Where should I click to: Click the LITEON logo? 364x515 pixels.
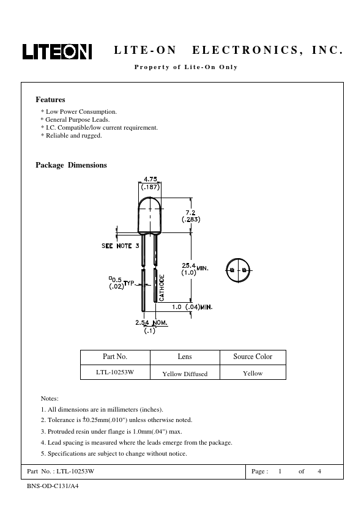[x=57, y=51]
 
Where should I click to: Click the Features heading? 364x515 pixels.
[x=50, y=100]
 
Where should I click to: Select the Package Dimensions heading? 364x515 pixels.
[x=72, y=165]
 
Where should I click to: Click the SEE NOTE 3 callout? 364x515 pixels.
[x=121, y=246]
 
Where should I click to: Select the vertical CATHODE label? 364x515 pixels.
[x=162, y=287]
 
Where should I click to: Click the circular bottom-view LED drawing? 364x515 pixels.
[x=238, y=270]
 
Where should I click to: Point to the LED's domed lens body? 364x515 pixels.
[x=150, y=215]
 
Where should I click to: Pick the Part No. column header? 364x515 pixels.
[x=115, y=357]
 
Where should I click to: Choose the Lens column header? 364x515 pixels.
[x=185, y=357]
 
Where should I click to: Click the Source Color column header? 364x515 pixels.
[x=253, y=357]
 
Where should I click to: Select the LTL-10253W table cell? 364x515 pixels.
[x=115, y=372]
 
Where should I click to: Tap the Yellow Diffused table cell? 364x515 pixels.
[x=185, y=374]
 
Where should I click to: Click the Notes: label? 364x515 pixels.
[x=50, y=398]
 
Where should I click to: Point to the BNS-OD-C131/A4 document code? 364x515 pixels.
[x=53, y=486]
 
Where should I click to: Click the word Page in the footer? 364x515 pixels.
[x=258, y=472]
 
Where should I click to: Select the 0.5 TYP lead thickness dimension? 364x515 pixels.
[x=122, y=283]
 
